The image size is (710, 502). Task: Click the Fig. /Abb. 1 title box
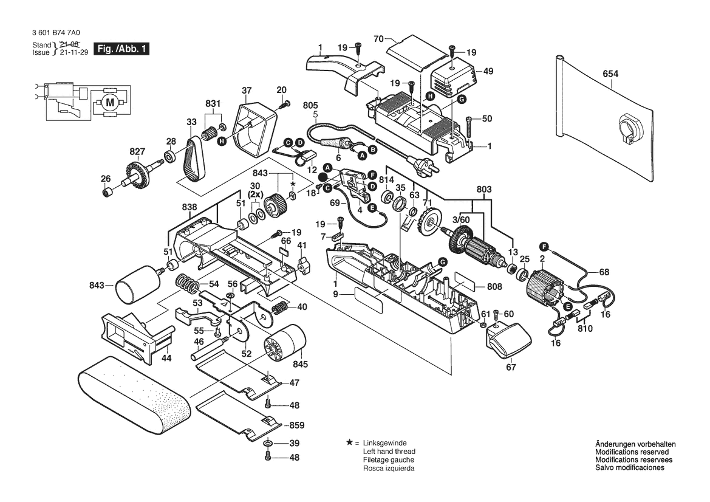[x=127, y=49]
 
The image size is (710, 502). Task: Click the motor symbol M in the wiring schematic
[x=110, y=102]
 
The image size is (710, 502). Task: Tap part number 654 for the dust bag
[x=610, y=74]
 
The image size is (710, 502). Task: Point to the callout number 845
[x=300, y=365]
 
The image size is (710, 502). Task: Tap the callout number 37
[x=246, y=91]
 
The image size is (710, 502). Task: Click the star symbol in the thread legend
[x=349, y=443]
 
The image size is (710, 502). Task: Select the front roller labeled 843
[x=135, y=284]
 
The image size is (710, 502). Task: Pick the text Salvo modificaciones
[x=629, y=468]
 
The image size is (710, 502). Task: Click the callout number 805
[x=310, y=105]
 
